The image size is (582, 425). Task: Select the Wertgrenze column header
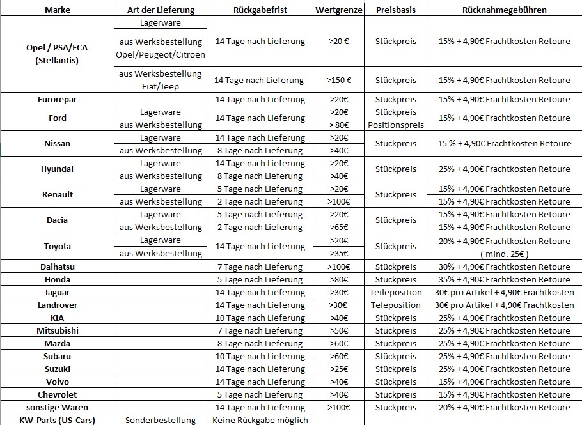pyautogui.click(x=339, y=10)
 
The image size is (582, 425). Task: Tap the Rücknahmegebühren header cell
pyautogui.click(x=505, y=10)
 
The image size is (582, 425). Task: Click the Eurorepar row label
pyautogui.click(x=58, y=100)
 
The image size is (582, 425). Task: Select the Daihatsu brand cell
pyautogui.click(x=58, y=267)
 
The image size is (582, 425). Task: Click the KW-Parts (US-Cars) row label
pyautogui.click(x=58, y=420)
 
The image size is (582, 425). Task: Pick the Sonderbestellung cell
pyautogui.click(x=161, y=420)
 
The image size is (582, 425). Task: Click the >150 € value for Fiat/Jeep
pyautogui.click(x=339, y=81)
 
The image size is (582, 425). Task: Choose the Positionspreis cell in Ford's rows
pyautogui.click(x=396, y=125)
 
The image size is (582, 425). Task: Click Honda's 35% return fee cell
pyautogui.click(x=505, y=279)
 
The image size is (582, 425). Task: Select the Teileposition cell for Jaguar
pyautogui.click(x=396, y=292)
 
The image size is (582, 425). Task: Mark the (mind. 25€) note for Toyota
pyautogui.click(x=505, y=254)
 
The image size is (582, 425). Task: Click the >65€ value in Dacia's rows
pyautogui.click(x=339, y=228)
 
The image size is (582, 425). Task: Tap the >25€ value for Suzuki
pyautogui.click(x=339, y=369)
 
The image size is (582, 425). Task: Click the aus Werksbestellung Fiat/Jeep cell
pyautogui.click(x=161, y=80)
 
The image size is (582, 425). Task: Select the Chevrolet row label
pyautogui.click(x=58, y=394)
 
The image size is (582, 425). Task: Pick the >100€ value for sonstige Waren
pyautogui.click(x=339, y=407)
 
